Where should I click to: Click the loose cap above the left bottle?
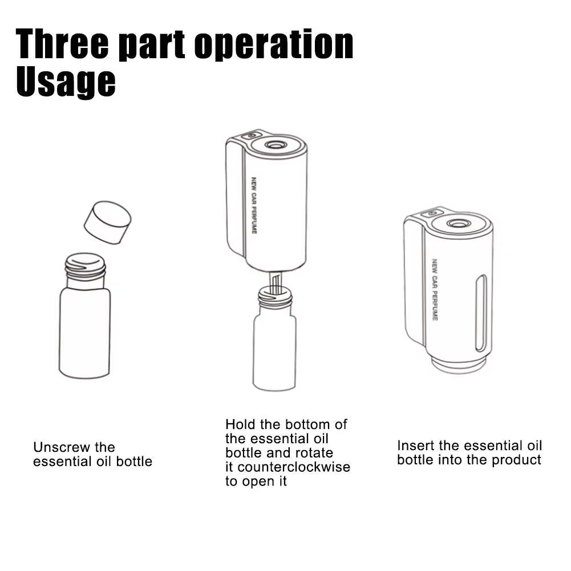(x=107, y=222)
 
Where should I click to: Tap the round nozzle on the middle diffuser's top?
(x=276, y=145)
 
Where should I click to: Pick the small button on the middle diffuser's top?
(x=250, y=136)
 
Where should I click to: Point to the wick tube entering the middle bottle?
(x=274, y=284)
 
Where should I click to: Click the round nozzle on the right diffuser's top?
(x=459, y=223)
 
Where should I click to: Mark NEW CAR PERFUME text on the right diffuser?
(x=434, y=289)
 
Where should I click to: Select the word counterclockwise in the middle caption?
(x=294, y=467)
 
